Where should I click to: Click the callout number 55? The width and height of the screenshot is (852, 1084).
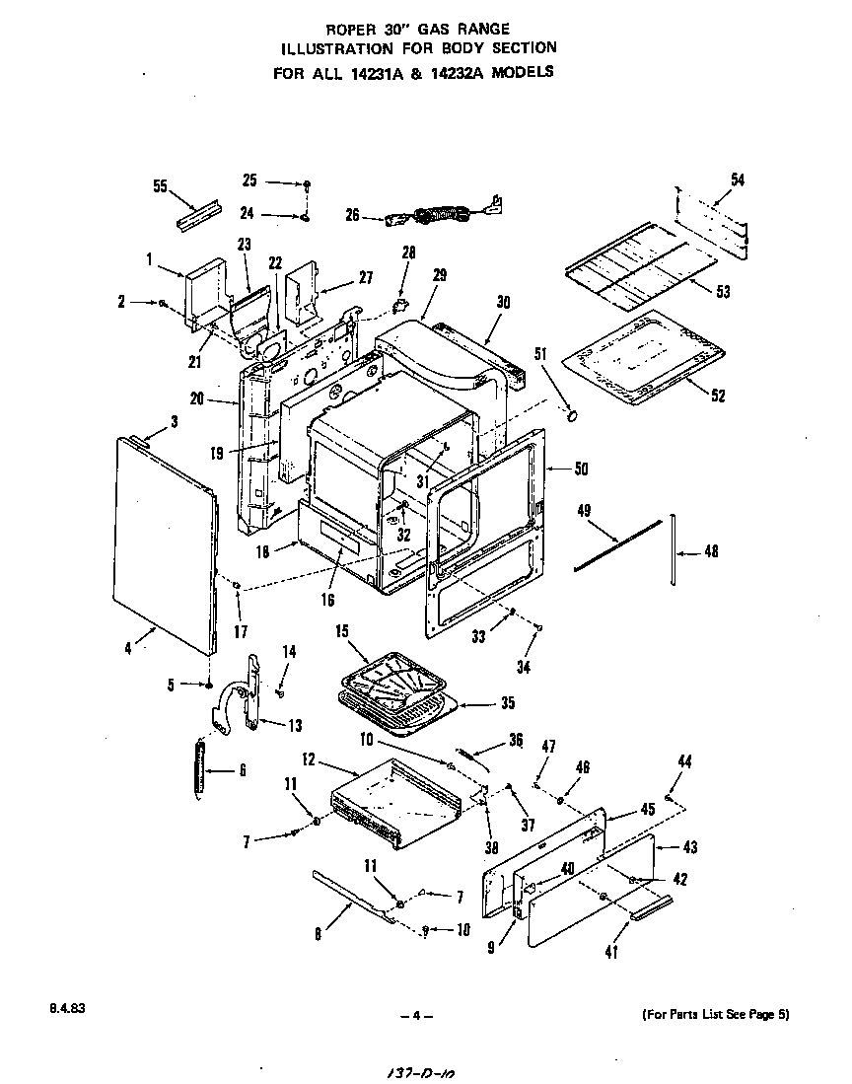click(x=161, y=186)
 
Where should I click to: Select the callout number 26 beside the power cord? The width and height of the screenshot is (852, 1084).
click(x=353, y=214)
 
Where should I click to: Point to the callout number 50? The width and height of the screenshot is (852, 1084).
click(x=581, y=468)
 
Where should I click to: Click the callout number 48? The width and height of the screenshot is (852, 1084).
click(x=710, y=552)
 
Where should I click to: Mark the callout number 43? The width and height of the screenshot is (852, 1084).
click(x=690, y=847)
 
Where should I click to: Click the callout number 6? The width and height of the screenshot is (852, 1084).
click(x=242, y=770)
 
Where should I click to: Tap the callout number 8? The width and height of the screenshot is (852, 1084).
click(x=318, y=934)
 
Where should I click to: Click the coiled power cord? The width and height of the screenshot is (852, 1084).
click(x=444, y=212)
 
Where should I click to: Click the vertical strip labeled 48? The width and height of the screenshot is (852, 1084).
click(x=674, y=548)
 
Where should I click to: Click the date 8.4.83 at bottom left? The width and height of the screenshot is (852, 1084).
click(x=62, y=1009)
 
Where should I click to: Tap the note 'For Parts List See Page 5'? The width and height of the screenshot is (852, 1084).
click(x=715, y=1014)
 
